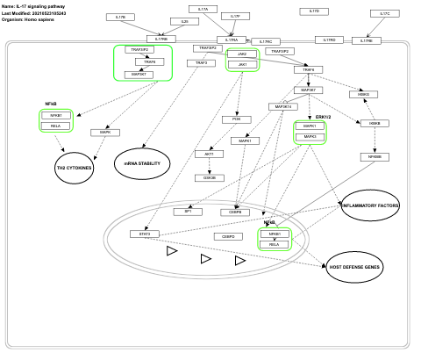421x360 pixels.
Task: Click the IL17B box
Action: click(x=121, y=17)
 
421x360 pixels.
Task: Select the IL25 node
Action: click(x=184, y=21)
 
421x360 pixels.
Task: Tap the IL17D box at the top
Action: click(x=315, y=11)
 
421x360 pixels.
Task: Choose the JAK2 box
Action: click(x=242, y=54)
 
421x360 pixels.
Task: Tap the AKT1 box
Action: click(x=209, y=154)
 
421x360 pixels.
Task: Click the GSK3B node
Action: click(x=209, y=177)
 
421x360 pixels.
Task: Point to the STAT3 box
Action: click(x=145, y=234)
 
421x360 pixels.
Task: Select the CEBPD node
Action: click(x=228, y=236)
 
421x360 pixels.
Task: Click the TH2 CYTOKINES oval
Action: click(x=74, y=167)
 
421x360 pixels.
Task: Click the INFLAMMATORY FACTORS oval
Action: click(x=369, y=205)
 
